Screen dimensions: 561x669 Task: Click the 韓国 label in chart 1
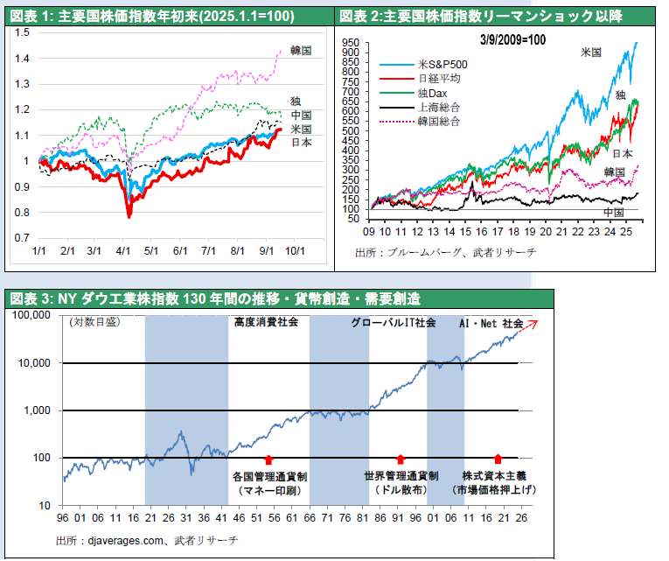(x=300, y=51)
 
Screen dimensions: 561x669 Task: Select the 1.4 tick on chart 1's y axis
(x=21, y=59)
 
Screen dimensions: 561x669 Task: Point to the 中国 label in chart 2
(x=614, y=212)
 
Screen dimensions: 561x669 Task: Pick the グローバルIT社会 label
(x=394, y=322)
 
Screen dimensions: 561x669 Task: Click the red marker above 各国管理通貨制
(x=268, y=459)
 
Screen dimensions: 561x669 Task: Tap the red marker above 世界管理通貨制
(x=401, y=459)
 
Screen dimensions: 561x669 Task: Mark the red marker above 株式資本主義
(x=498, y=459)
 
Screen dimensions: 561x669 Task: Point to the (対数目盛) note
(x=94, y=321)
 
